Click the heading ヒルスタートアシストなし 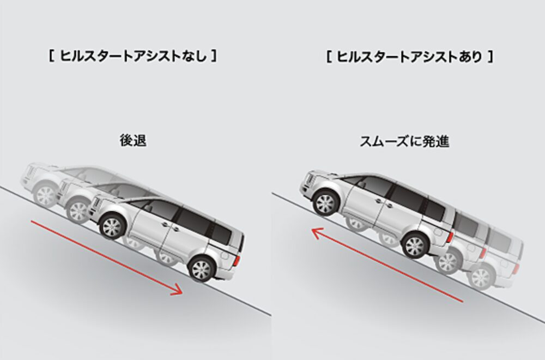134,56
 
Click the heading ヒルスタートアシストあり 410,57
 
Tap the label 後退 133,141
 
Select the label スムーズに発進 404,141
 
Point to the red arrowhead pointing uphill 317,232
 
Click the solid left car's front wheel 112,226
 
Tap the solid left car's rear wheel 201,268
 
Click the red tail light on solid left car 238,261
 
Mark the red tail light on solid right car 451,237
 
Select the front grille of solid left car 96,206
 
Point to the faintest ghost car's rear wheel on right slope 481,279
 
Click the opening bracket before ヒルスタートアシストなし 51,56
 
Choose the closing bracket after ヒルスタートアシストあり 491,57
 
